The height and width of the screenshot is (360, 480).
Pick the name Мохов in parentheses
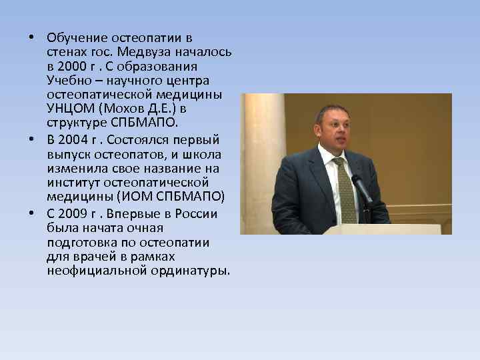click(x=127, y=109)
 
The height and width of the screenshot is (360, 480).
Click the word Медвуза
click(x=145, y=53)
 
